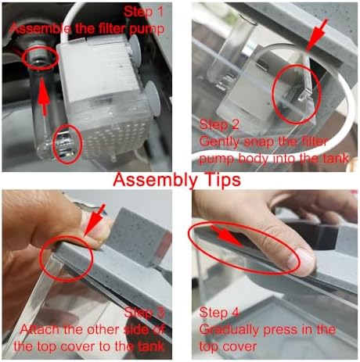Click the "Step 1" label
[144, 12]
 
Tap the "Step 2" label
[219, 124]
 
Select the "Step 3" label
[145, 313]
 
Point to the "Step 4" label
[219, 313]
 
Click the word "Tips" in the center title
[221, 181]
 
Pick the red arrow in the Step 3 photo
[95, 220]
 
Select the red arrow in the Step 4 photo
[228, 236]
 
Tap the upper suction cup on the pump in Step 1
[135, 44]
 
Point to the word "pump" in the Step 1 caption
[147, 29]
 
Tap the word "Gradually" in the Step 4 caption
[230, 330]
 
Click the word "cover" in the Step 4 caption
[240, 347]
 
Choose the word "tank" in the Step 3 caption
[151, 346]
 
